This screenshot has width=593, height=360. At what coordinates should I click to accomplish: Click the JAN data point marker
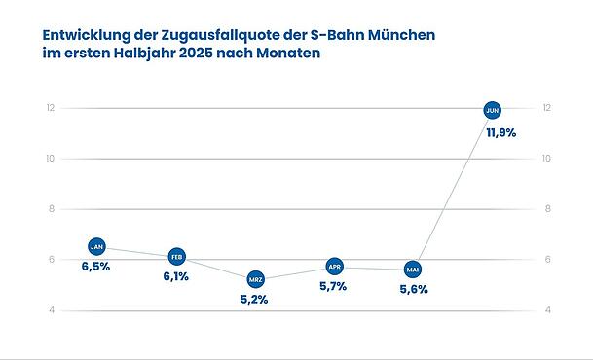[96, 247]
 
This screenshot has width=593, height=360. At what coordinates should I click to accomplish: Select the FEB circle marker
[176, 257]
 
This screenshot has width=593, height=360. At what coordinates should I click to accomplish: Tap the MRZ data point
[255, 279]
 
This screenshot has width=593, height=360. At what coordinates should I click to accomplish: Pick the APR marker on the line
[334, 267]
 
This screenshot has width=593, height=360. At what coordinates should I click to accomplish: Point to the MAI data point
[413, 270]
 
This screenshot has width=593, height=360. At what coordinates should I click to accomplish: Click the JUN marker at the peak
[493, 110]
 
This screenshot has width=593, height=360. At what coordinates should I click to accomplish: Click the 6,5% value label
[95, 267]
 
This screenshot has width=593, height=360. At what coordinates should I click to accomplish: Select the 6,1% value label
[175, 276]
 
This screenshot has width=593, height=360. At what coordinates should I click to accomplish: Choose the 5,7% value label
[333, 286]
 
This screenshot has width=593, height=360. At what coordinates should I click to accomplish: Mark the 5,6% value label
[414, 289]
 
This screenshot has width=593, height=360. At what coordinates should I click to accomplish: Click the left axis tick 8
[50, 209]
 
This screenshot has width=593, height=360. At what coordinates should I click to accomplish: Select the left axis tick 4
[50, 310]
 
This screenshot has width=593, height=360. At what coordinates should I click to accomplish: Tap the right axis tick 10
[548, 159]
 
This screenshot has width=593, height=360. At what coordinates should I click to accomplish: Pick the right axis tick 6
[549, 260]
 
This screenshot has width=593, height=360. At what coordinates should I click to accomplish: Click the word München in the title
[398, 35]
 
